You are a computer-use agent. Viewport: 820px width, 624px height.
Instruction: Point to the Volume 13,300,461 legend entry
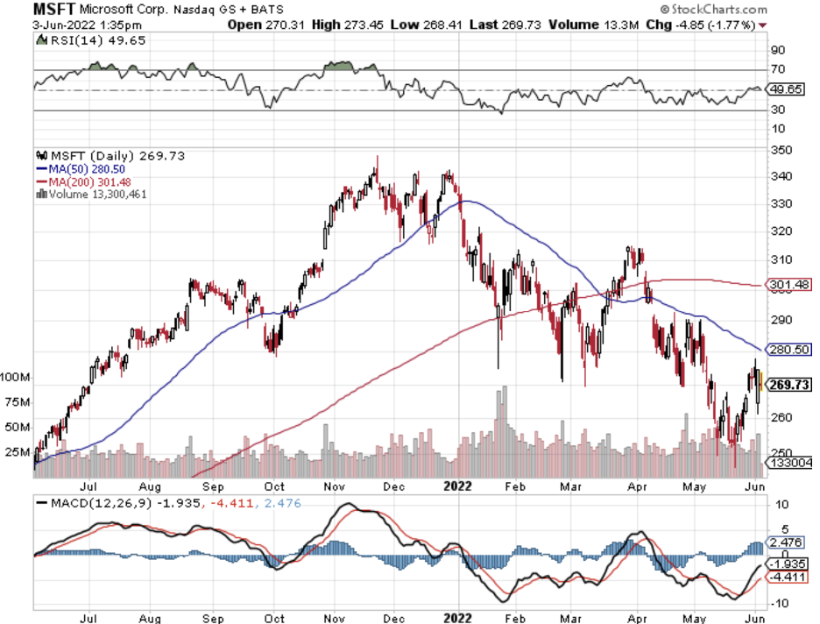pos(95,194)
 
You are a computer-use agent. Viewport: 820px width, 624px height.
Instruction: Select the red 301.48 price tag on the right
pos(788,284)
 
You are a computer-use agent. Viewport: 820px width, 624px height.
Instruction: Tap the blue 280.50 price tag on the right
pos(788,349)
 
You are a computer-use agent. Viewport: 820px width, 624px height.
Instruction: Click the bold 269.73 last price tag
pos(789,384)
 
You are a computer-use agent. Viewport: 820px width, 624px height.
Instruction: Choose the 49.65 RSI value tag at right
pos(788,89)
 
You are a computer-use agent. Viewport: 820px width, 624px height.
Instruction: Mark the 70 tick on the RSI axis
pos(777,69)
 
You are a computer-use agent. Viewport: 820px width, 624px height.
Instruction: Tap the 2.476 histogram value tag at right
pos(788,543)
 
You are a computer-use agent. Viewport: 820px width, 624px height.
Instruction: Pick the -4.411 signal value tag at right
pos(788,577)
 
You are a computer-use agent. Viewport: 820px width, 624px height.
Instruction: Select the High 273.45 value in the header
pos(340,25)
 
